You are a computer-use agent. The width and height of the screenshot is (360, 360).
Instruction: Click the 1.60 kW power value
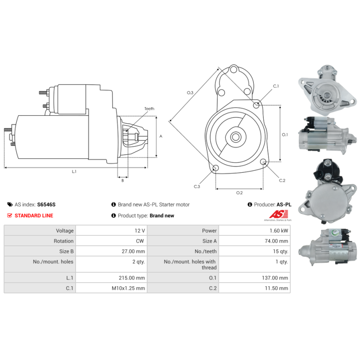click(279, 230)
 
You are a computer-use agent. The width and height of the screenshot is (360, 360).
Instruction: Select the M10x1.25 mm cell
click(128, 288)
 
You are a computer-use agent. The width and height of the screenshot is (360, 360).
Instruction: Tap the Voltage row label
click(65, 230)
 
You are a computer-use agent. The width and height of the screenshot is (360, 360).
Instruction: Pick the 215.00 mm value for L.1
click(132, 278)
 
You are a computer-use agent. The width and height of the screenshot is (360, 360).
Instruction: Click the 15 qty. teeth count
click(280, 252)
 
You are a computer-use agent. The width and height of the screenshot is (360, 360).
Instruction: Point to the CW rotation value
click(140, 241)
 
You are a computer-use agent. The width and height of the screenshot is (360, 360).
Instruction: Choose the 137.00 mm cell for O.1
click(275, 278)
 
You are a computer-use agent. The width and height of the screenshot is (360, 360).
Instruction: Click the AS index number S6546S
click(46, 205)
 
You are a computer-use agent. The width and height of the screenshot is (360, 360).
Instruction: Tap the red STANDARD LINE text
click(34, 216)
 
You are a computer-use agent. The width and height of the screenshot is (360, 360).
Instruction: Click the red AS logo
click(279, 215)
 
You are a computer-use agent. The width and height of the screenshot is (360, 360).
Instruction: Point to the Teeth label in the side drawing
click(149, 108)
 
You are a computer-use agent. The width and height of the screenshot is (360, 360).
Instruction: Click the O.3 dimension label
click(190, 93)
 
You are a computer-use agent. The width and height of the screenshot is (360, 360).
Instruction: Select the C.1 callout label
click(276, 86)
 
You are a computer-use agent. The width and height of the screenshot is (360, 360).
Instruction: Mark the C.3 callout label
click(197, 186)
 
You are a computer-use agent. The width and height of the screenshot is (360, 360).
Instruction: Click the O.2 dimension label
click(239, 193)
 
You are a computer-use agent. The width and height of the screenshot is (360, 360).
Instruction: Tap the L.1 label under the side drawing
click(74, 171)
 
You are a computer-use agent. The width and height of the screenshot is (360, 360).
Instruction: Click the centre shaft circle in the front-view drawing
click(235, 137)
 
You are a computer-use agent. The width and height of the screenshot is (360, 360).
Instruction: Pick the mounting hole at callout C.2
click(263, 162)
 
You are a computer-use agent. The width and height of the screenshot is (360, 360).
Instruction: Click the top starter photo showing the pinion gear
click(328, 90)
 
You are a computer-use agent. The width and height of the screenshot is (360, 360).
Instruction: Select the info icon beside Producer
click(250, 204)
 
